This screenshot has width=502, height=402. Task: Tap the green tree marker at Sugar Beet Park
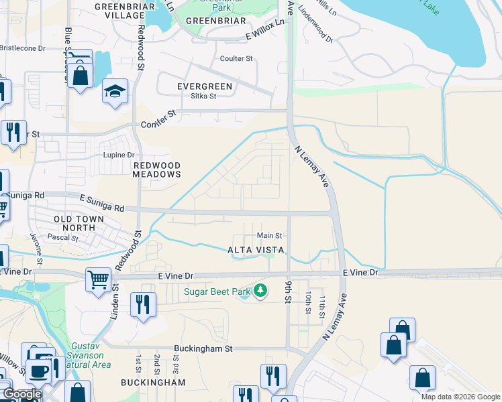click(260, 291)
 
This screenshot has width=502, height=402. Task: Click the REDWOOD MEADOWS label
click(157, 170)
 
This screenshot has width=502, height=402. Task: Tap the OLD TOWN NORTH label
click(79, 224)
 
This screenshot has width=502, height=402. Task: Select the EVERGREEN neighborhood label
click(204, 86)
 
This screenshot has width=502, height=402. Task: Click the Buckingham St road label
click(203, 348)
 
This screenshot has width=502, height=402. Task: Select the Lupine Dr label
click(120, 155)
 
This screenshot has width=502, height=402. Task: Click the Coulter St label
click(236, 59)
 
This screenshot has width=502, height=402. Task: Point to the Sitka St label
click(203, 96)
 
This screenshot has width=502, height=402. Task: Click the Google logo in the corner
click(21, 394)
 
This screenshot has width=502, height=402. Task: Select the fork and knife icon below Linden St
click(142, 306)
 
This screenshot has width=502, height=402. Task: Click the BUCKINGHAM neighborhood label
click(153, 382)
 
